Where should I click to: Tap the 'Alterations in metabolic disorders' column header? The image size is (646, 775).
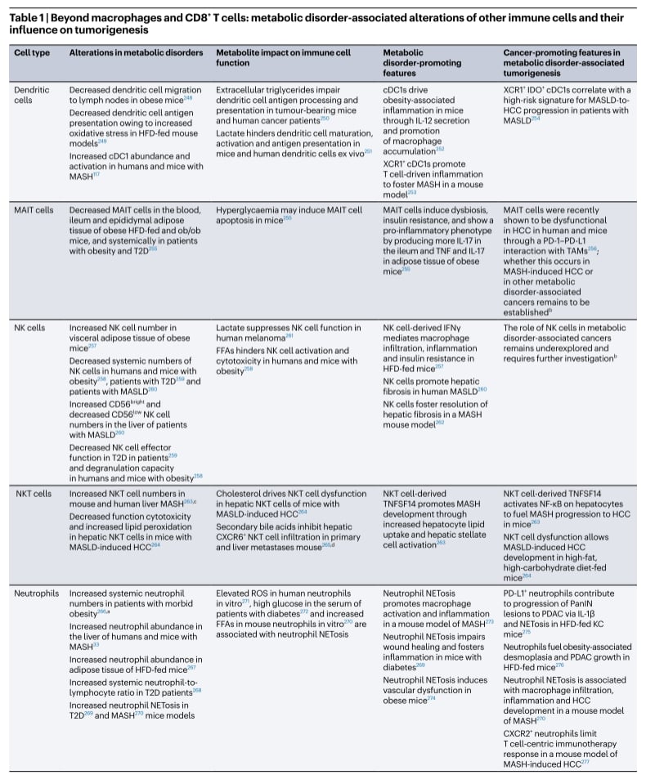(136, 52)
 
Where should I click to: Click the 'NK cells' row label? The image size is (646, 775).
(30, 327)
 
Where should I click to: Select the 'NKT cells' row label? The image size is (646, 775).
(32, 494)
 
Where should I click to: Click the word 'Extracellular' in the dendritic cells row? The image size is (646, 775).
(242, 89)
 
